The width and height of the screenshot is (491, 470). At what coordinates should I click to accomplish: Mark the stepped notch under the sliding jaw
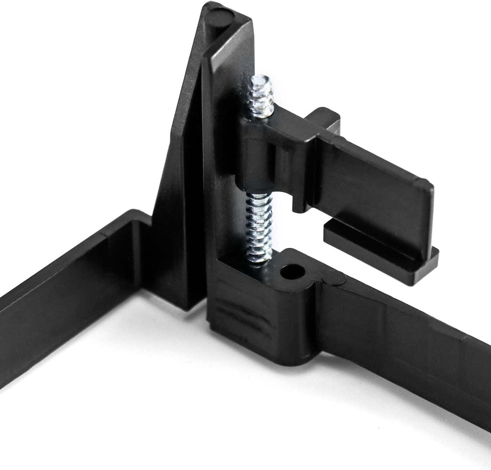click(299, 207)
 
